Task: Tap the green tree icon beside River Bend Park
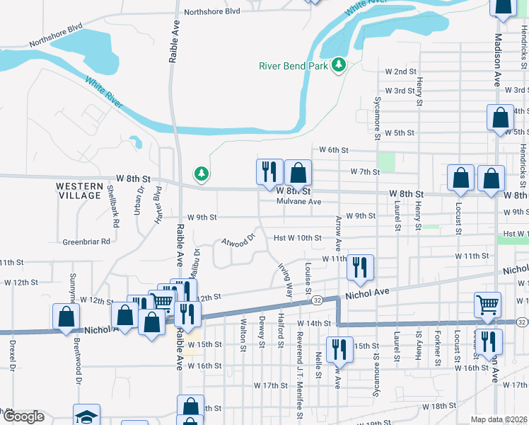[339, 66]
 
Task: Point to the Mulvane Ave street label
[299, 202]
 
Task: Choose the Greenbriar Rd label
[86, 241]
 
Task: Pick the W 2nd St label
[400, 72]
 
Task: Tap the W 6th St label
[334, 150]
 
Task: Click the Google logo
[23, 416]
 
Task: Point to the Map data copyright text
[499, 419]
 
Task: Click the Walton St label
[243, 334]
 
